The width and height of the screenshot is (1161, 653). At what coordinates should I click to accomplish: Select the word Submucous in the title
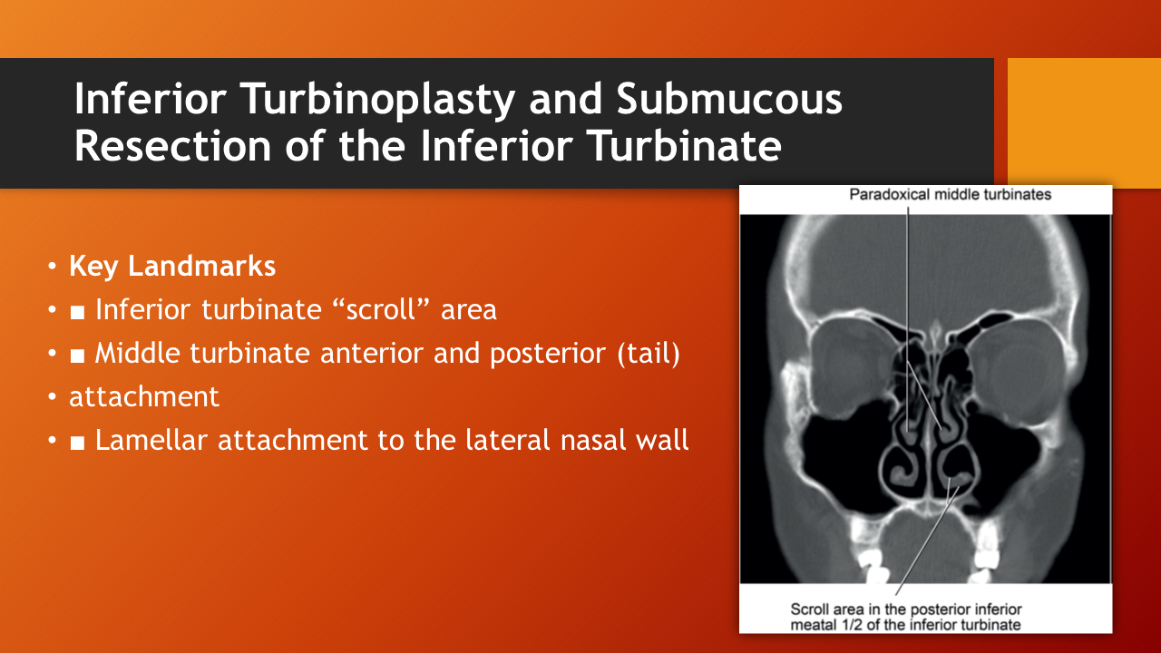coord(729,99)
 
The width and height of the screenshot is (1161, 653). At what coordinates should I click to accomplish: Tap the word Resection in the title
coord(173,146)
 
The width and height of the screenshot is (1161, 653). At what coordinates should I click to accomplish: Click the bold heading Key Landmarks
coord(172,267)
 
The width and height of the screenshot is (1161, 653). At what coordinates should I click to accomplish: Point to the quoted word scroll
coord(382,309)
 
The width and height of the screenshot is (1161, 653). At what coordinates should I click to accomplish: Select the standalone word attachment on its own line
coord(144,397)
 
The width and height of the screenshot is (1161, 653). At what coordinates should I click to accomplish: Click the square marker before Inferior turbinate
coord(78,312)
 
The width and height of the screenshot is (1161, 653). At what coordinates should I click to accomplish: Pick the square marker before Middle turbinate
coord(78,356)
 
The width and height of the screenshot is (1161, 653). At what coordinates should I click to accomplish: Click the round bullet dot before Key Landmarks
coord(52,267)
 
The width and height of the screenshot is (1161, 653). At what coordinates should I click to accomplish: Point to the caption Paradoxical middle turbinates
coord(950,195)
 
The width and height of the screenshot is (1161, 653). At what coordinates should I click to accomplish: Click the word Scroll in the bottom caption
coord(810,609)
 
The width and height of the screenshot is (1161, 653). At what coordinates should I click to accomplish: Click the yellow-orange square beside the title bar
coord(1084,122)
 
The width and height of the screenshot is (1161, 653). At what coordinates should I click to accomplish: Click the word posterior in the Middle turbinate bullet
coord(547,355)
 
